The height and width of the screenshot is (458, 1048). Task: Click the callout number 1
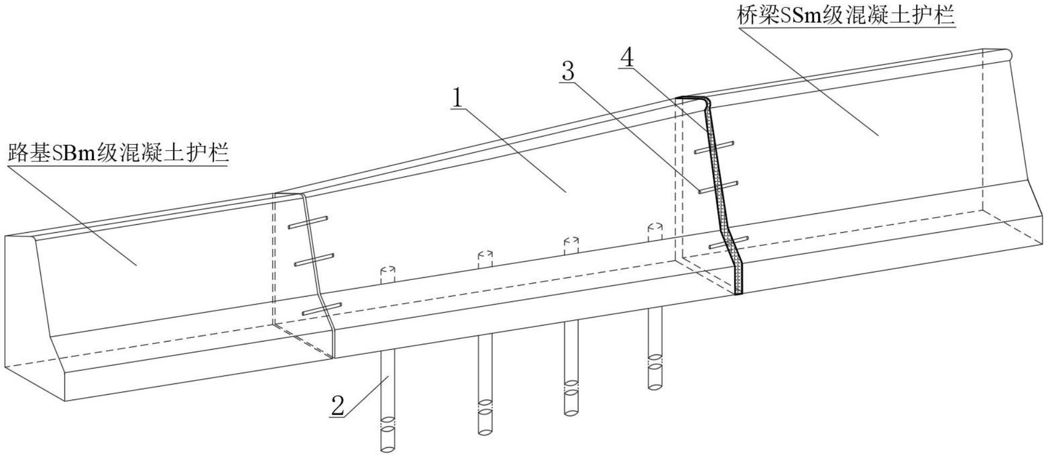click(457, 98)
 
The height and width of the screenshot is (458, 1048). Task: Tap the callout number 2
click(338, 406)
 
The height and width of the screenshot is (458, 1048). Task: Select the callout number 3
click(567, 70)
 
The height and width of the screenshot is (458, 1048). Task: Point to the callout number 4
click(627, 57)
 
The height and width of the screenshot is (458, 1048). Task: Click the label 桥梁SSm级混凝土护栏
click(846, 16)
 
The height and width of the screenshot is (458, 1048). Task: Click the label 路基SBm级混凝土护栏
click(118, 153)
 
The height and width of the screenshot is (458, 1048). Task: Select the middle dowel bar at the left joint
click(314, 259)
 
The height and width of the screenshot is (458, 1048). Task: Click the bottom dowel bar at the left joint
click(321, 309)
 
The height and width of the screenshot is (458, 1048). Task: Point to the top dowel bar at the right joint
click(714, 147)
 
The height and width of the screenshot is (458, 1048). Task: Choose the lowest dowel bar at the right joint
click(728, 242)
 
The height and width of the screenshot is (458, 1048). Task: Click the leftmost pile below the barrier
click(387, 400)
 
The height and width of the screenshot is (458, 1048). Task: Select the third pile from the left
click(571, 367)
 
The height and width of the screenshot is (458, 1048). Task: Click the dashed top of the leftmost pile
click(387, 274)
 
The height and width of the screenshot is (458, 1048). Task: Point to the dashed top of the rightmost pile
click(655, 231)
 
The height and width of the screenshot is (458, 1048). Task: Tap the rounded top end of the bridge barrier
click(1008, 54)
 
